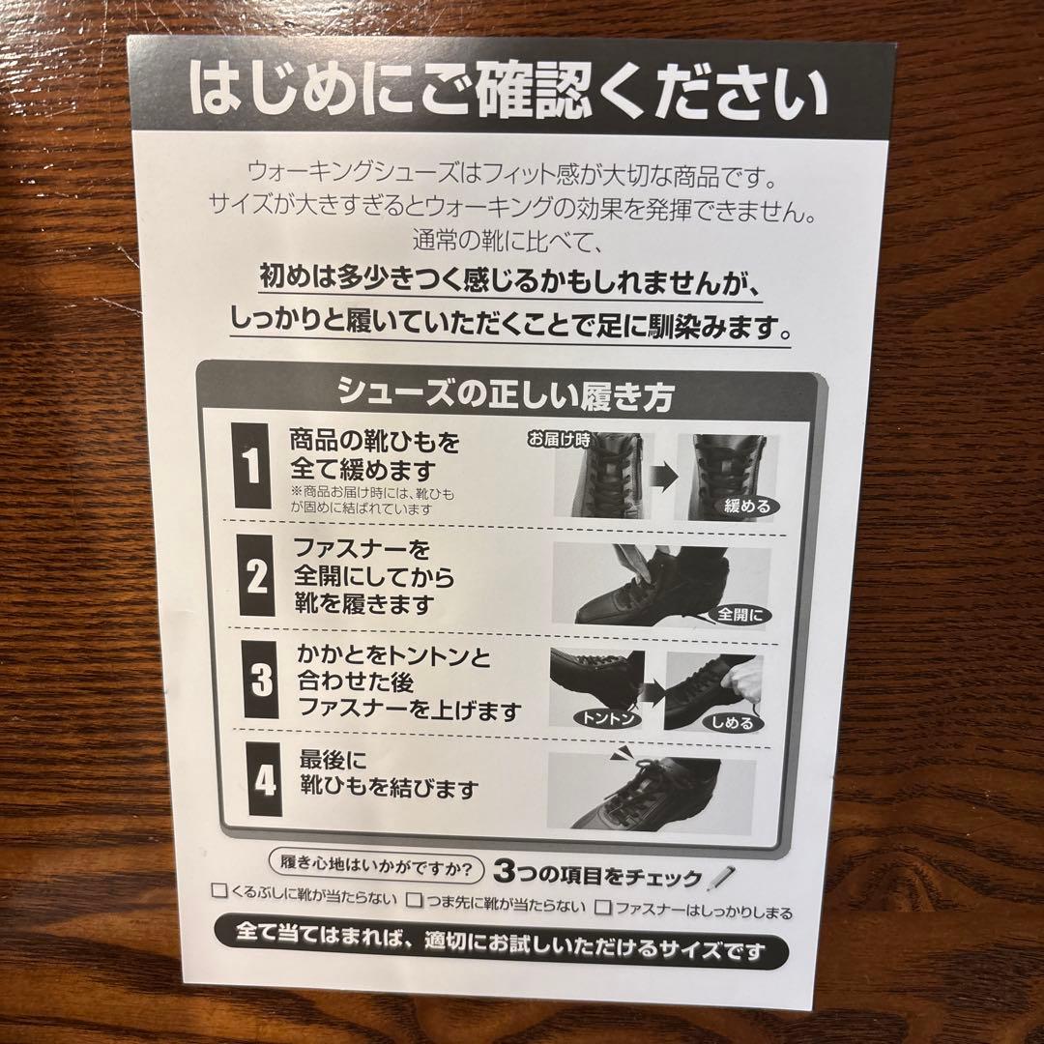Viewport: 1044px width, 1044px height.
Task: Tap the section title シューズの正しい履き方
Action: (x=505, y=394)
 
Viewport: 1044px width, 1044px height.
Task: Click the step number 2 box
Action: (x=257, y=577)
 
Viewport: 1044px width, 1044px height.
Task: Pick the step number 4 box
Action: (x=265, y=780)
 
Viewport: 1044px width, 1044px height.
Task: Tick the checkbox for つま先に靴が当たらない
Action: (x=415, y=903)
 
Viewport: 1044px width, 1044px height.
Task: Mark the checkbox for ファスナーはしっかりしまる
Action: (x=604, y=907)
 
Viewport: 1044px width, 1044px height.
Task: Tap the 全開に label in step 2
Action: (x=740, y=615)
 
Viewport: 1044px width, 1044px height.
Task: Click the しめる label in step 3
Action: (x=733, y=722)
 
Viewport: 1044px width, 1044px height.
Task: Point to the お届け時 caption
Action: (x=558, y=440)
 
